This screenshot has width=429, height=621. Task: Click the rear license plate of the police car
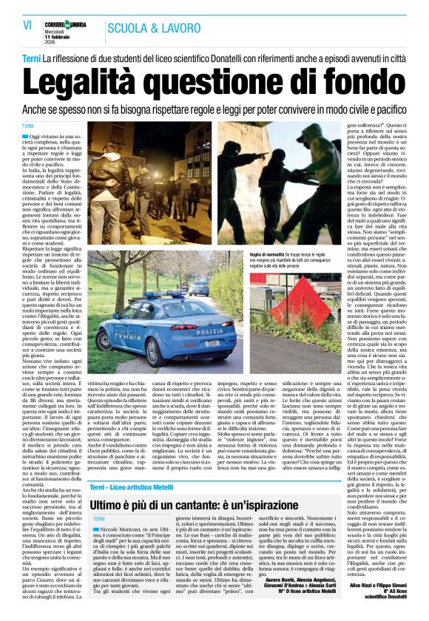tap(212, 343)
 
